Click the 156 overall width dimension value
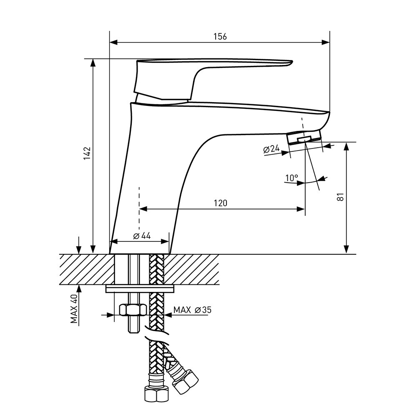point(220,36)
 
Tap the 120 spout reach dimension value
point(221,203)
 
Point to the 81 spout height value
point(340,197)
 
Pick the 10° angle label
point(291,178)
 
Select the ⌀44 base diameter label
point(142,236)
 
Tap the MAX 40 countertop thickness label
point(74,309)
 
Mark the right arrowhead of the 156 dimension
point(326,42)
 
